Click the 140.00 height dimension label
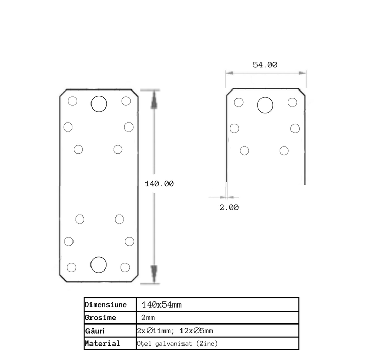point(159,184)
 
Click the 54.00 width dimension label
point(265,65)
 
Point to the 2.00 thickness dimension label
point(229,207)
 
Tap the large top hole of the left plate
point(99,104)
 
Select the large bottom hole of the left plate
point(99,265)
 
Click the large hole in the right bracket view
point(265,105)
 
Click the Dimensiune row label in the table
point(106,305)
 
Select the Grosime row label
point(100,318)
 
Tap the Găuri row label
point(95,331)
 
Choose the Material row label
point(103,344)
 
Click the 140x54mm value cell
point(162,305)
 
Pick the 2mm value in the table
point(148,318)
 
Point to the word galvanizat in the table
point(174,344)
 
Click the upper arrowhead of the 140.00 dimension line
point(154,100)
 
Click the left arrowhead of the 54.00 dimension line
point(230,73)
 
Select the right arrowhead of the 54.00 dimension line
point(302,73)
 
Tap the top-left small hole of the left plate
point(72,101)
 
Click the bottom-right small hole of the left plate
point(125,267)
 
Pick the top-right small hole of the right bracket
point(293,102)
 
